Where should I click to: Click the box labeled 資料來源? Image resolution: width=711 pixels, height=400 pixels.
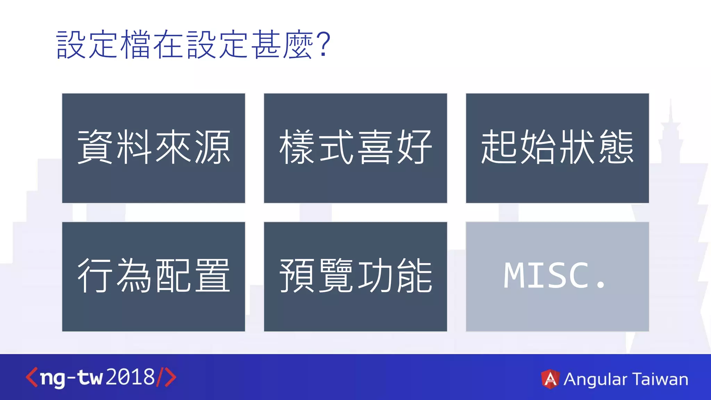[x=153, y=148]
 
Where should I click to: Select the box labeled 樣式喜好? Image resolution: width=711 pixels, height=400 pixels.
[x=355, y=148]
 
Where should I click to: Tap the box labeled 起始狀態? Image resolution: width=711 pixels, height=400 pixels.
[x=557, y=148]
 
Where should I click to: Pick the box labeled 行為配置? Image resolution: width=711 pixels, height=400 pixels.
[x=153, y=276]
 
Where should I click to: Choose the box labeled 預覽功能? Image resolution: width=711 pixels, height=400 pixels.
[x=355, y=276]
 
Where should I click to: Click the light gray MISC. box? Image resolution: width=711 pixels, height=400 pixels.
[x=557, y=276]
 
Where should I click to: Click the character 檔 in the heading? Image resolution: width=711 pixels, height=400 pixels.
[x=136, y=44]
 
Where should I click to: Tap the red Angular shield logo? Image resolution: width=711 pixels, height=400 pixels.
[x=550, y=379]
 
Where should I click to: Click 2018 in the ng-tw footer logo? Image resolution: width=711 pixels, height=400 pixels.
[x=130, y=377]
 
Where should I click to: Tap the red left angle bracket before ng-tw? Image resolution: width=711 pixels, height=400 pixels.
[x=31, y=377]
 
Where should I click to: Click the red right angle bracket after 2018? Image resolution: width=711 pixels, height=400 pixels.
[x=170, y=377]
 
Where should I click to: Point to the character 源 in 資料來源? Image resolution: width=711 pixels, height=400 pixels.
[x=212, y=147]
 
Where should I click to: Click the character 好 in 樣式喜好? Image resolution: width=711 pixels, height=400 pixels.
[x=415, y=147]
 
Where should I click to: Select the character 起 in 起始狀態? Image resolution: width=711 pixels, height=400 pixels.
[x=499, y=147]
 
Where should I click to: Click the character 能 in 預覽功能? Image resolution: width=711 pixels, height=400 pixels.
[x=415, y=276]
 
